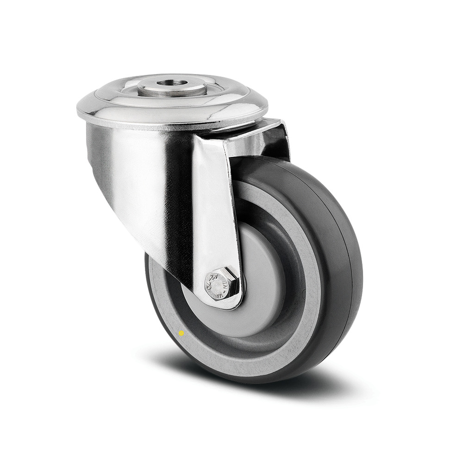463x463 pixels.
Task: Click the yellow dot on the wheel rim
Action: pos(181,333)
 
